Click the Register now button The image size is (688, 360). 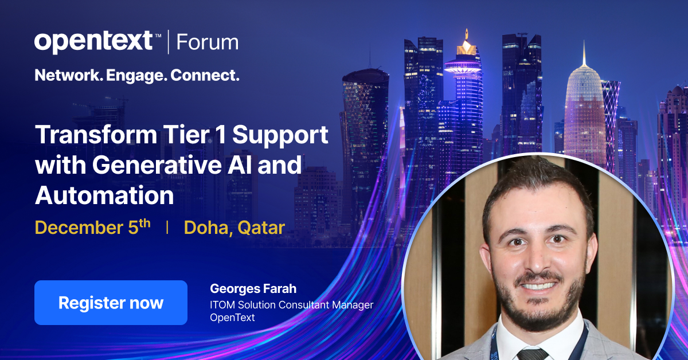click(111, 303)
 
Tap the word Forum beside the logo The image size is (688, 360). click(207, 42)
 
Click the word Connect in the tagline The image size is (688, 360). click(205, 75)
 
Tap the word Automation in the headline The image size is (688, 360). click(104, 195)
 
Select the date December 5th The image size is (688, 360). click(92, 228)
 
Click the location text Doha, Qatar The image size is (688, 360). click(234, 228)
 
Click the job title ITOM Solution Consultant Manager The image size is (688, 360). click(291, 304)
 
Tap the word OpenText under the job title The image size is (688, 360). click(232, 317)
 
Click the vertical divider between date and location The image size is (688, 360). click(167, 228)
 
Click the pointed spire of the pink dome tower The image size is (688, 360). click(584, 52)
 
